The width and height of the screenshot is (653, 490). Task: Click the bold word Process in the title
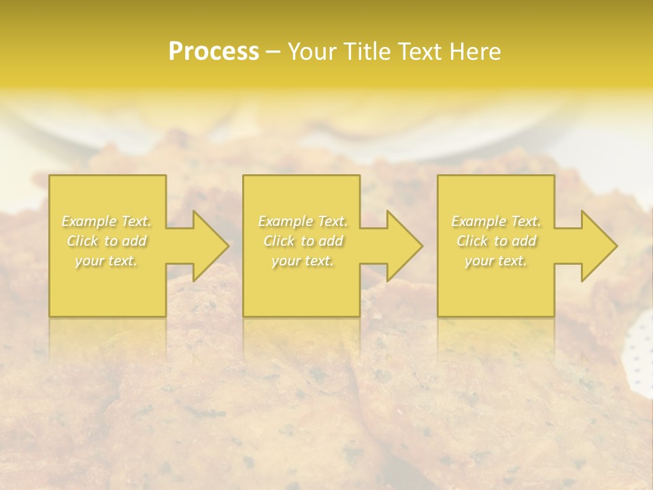[214, 52]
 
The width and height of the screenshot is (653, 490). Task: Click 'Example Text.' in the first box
[107, 221]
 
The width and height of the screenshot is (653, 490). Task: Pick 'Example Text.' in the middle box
[303, 221]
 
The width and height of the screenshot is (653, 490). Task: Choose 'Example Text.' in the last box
[496, 221]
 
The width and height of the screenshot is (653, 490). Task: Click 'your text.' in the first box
[107, 261]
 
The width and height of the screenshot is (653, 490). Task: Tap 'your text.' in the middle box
[303, 261]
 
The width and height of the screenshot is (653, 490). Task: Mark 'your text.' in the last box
[496, 261]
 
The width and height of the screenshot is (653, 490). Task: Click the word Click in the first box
[82, 241]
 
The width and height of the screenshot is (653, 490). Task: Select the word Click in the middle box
[279, 241]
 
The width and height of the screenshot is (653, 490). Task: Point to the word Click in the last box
[472, 241]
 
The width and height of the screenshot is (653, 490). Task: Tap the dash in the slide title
[273, 52]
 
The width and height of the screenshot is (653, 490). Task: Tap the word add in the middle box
[331, 241]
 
